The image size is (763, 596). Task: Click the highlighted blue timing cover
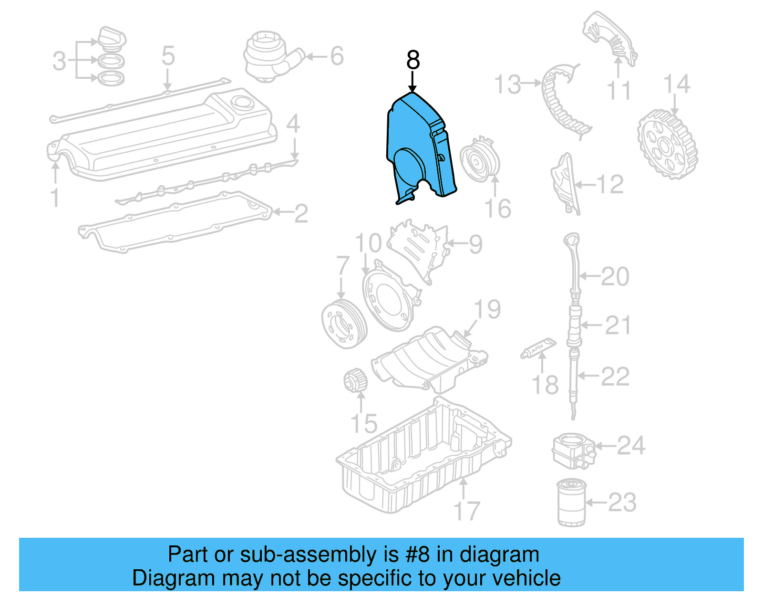(x=415, y=143)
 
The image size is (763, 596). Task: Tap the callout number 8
(x=413, y=61)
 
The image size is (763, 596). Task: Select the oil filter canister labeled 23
(x=571, y=503)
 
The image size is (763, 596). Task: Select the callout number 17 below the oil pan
(x=466, y=511)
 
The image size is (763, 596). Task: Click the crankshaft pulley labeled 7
(x=344, y=323)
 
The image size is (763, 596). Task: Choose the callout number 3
(x=59, y=61)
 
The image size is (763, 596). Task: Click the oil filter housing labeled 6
(x=269, y=55)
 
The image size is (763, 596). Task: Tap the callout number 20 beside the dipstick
(x=615, y=277)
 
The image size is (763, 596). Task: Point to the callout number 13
(x=507, y=84)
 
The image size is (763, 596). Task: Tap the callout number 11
(x=619, y=91)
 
